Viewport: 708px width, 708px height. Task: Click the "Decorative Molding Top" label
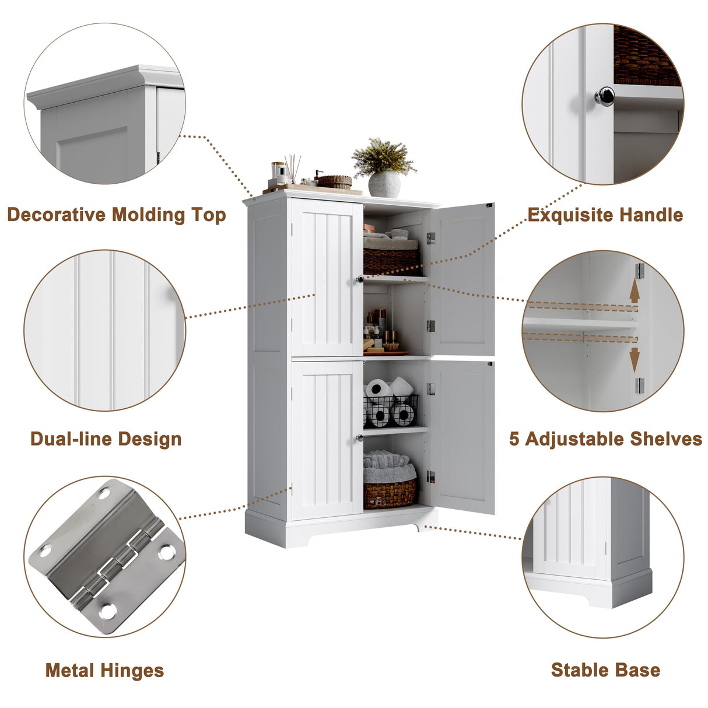[117, 215]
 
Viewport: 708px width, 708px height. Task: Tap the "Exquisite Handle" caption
[605, 215]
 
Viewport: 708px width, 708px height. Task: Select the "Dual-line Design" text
[106, 439]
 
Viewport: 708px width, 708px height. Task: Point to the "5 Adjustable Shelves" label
[605, 439]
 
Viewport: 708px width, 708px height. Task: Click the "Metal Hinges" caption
[105, 670]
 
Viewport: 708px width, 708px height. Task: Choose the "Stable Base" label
[605, 670]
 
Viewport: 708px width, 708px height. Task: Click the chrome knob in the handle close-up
[604, 96]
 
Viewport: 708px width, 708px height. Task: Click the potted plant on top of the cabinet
[383, 168]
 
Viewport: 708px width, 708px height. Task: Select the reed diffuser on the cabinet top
[292, 170]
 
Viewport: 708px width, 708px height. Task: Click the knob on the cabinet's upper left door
[359, 279]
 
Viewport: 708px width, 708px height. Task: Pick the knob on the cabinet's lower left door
[359, 437]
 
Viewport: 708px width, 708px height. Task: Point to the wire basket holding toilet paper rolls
[391, 411]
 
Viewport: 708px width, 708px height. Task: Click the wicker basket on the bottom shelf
[390, 493]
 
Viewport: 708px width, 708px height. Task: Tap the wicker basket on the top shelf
[391, 261]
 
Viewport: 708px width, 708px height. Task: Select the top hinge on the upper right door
[430, 238]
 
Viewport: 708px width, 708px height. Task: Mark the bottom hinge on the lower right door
[430, 476]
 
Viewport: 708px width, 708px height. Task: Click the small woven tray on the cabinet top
[335, 181]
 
